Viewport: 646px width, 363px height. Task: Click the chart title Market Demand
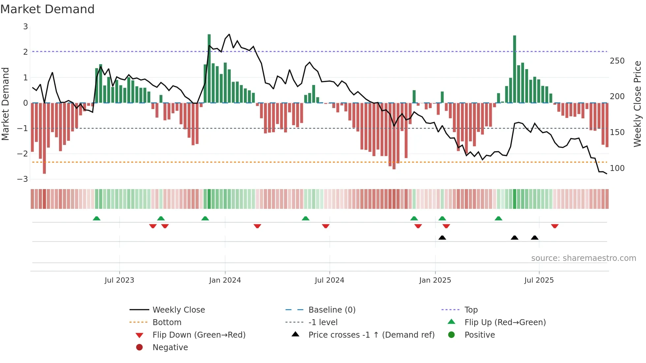(x=47, y=9)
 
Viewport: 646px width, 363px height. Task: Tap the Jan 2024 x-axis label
(x=225, y=280)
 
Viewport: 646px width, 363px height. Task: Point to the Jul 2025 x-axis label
(x=539, y=280)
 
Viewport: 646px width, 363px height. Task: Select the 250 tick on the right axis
(x=617, y=61)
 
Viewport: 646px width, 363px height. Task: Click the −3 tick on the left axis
(x=23, y=179)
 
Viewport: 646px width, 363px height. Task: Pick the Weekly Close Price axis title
(x=637, y=104)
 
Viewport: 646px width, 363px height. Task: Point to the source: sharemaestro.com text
(x=583, y=258)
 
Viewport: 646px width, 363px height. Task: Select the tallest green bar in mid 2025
(x=514, y=69)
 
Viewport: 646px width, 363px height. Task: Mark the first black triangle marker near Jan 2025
(x=442, y=237)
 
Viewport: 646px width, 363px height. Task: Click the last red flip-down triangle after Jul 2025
(x=555, y=226)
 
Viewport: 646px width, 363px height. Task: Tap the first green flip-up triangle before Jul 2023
(x=97, y=218)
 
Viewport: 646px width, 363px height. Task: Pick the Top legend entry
(x=471, y=310)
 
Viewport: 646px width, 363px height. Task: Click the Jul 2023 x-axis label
(x=119, y=280)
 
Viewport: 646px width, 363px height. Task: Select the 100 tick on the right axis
(x=617, y=168)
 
